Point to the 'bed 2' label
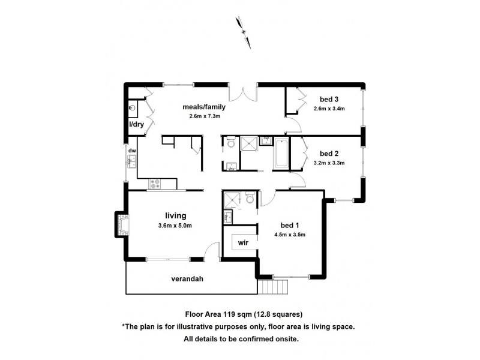coord(329,152)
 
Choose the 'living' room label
coord(176,215)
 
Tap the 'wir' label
coord(244,242)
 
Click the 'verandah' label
coord(186,279)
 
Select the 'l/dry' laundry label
coord(137,124)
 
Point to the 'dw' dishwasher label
coord(131,151)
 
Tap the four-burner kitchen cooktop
coord(156,182)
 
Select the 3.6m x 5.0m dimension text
coord(175,226)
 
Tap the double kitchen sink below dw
coord(131,161)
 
